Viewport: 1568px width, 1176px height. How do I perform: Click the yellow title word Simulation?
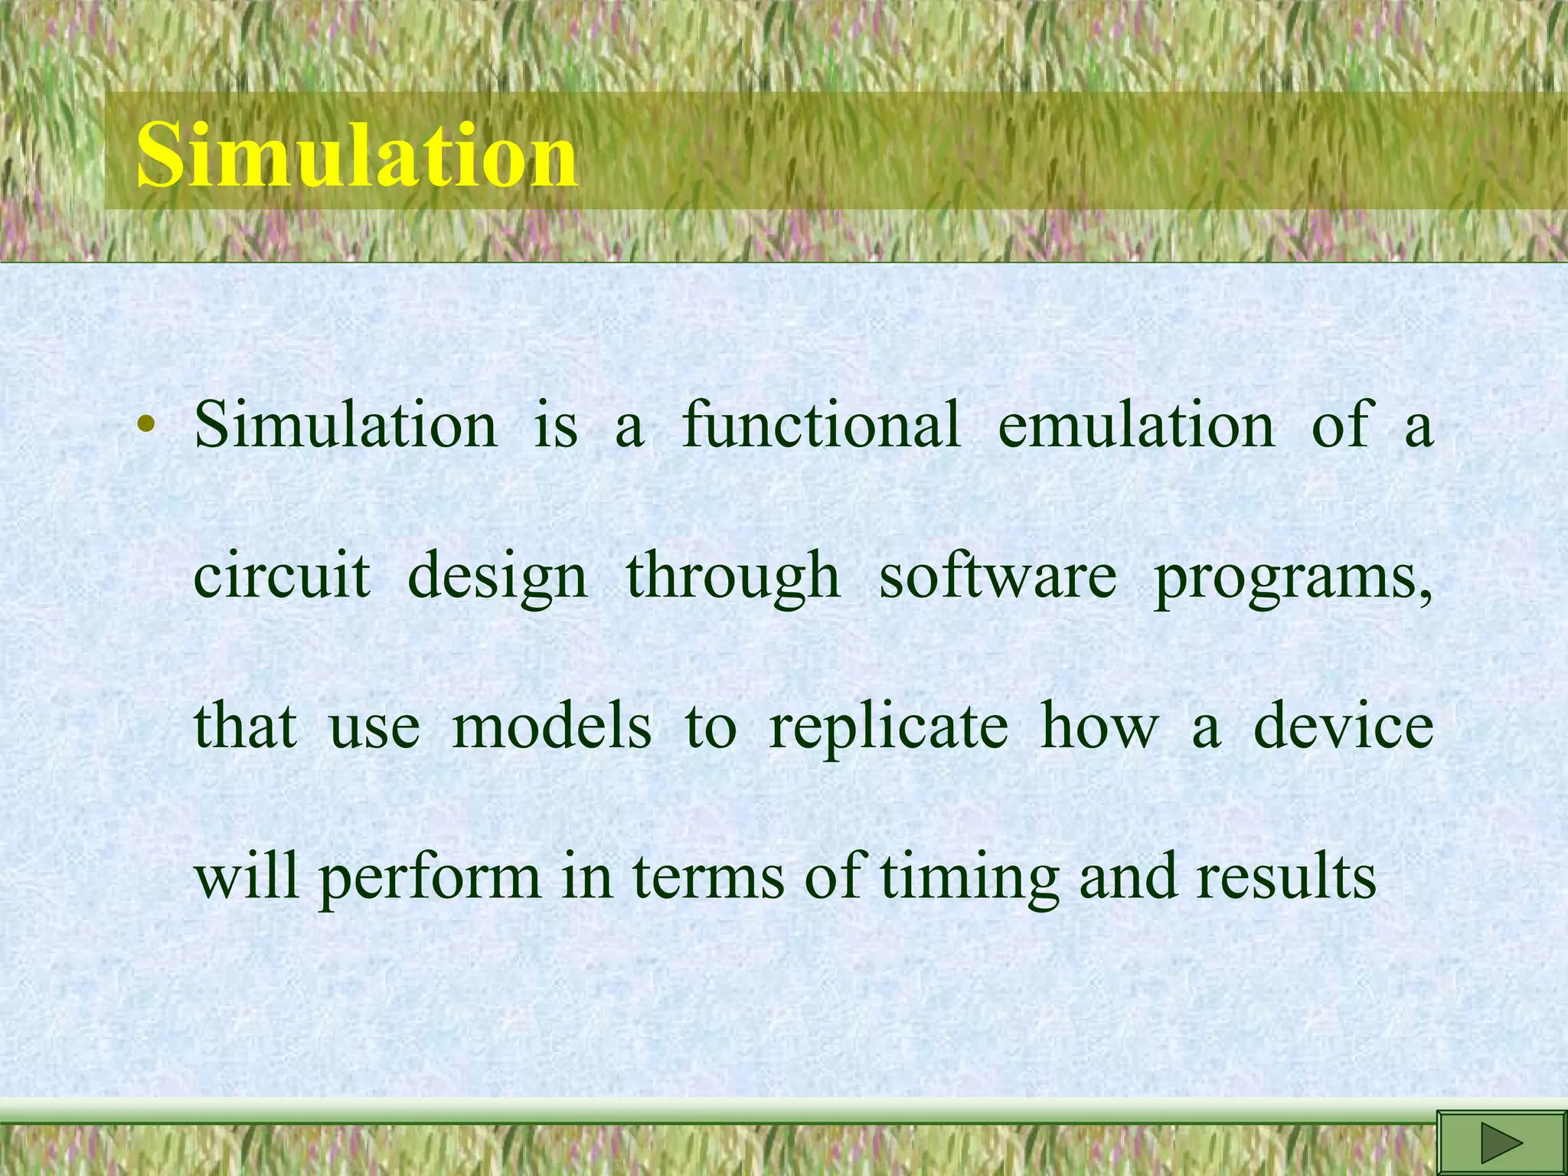pos(357,155)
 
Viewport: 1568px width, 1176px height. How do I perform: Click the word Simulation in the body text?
pos(345,425)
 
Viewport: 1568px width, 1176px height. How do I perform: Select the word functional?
pos(820,425)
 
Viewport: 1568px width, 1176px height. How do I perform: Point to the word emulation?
pos(1136,425)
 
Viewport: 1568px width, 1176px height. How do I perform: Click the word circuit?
pos(282,575)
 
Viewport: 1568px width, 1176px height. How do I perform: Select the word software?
pos(998,575)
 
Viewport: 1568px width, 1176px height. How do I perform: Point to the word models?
pos(552,726)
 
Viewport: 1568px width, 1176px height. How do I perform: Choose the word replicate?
pos(888,727)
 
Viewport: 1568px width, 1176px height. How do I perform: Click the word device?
pos(1343,726)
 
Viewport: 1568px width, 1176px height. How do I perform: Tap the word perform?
pos(430,878)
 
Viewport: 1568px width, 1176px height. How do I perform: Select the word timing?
pos(969,878)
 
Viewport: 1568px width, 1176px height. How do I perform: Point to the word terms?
pos(708,877)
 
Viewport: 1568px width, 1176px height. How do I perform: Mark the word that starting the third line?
pos(245,726)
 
